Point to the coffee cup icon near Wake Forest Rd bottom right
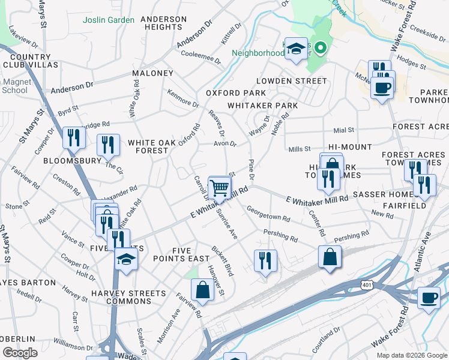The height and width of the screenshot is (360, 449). [429, 298]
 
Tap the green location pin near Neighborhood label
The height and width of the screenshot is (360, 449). [321, 46]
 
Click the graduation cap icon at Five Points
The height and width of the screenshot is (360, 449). [127, 260]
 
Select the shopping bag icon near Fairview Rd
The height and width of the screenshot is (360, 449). [202, 290]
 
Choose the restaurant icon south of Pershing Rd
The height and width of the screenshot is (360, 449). [265, 260]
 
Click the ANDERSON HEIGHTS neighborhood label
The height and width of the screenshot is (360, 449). [163, 23]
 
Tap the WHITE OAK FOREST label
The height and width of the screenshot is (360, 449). [148, 146]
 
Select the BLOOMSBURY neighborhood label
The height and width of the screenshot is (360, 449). [63, 161]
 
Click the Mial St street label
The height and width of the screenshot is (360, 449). [344, 130]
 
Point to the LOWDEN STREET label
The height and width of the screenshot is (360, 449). [291, 80]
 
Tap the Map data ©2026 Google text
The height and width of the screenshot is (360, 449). [411, 355]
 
